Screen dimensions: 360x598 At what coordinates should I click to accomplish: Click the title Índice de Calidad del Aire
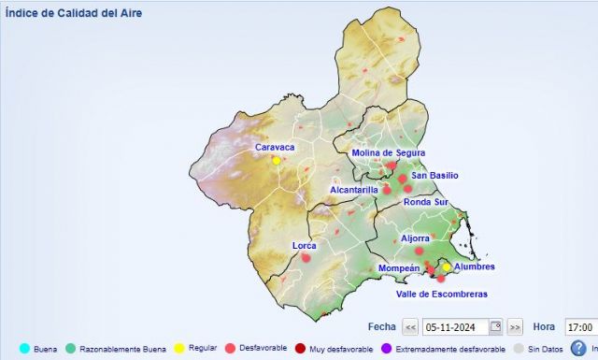pyautogui.click(x=75, y=14)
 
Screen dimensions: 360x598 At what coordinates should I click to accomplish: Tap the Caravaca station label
pyautogui.click(x=275, y=148)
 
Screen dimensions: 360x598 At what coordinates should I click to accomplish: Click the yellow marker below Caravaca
pyautogui.click(x=277, y=161)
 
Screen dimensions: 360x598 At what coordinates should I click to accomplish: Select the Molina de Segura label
pyautogui.click(x=388, y=152)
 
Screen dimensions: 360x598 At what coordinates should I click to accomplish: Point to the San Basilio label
pyautogui.click(x=434, y=176)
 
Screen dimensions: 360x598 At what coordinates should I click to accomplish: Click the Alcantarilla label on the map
pyautogui.click(x=354, y=190)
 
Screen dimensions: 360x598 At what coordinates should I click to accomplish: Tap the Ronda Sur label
pyautogui.click(x=426, y=202)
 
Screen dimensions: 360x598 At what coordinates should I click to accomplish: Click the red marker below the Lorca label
pyautogui.click(x=306, y=257)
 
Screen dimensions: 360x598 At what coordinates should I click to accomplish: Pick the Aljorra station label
pyautogui.click(x=415, y=238)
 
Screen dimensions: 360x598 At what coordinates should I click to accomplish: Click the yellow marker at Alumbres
pyautogui.click(x=447, y=266)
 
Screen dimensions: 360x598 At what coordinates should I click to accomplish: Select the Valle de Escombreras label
pyautogui.click(x=441, y=294)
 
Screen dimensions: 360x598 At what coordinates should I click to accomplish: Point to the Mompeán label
pyautogui.click(x=399, y=268)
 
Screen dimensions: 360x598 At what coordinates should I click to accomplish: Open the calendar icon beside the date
pyautogui.click(x=496, y=327)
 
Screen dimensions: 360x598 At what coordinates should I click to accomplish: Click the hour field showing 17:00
pyautogui.click(x=579, y=327)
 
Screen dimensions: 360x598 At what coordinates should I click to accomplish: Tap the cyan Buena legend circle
pyautogui.click(x=24, y=349)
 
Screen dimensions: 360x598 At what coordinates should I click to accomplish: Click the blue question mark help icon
pyautogui.click(x=578, y=348)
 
